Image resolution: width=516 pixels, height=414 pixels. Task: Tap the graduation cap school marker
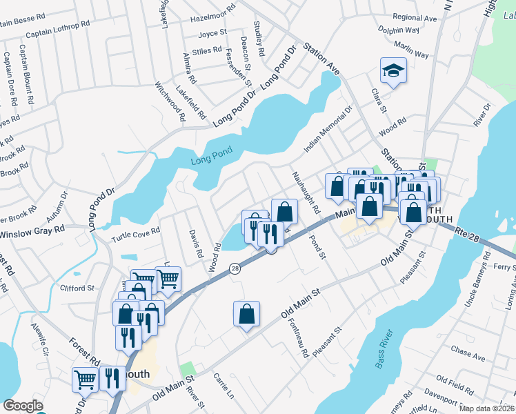(x=393, y=71)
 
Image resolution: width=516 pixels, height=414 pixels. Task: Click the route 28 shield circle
(x=235, y=268)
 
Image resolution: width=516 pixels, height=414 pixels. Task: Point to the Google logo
(x=23, y=406)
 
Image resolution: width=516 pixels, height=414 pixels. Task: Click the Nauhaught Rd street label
(x=304, y=193)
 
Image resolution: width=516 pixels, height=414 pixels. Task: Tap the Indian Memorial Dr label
(x=328, y=130)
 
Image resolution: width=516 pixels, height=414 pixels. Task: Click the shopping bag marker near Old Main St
(x=246, y=315)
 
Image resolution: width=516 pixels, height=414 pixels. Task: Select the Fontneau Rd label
(x=301, y=337)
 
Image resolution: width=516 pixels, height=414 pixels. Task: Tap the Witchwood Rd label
(x=170, y=101)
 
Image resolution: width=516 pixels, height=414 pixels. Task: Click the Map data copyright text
(x=486, y=408)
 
